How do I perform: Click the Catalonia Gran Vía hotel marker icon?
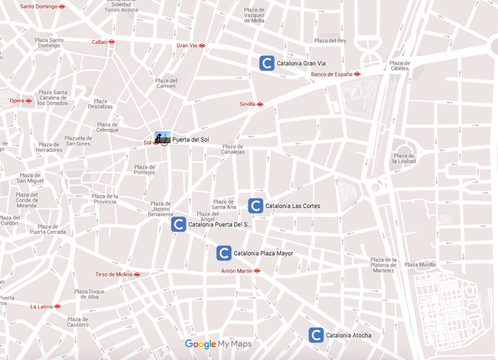(267, 63)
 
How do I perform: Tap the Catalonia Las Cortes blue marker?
(256, 206)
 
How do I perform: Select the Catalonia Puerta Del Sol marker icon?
(178, 224)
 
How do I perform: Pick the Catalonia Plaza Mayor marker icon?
(224, 253)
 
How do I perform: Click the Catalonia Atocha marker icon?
(316, 335)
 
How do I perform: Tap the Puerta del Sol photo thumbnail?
(163, 138)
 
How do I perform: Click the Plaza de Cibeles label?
(400, 65)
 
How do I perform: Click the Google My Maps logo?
(219, 344)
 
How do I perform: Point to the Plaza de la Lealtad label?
(404, 158)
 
